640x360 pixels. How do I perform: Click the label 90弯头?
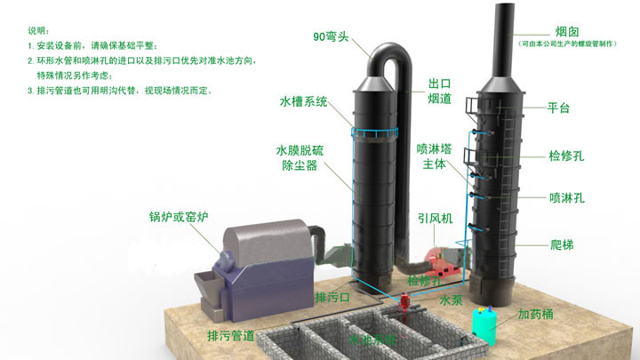pos(330,37)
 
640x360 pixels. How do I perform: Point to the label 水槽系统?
pos(303,101)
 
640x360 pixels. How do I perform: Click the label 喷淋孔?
pos(566,196)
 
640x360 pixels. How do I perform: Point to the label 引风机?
pos(436,218)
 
